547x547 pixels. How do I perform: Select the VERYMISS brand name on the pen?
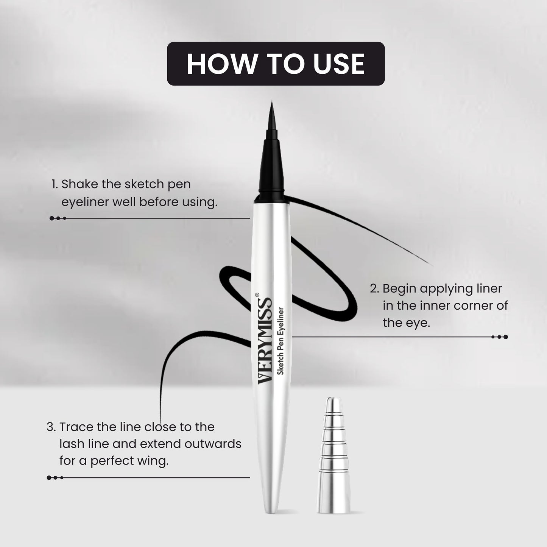[x=265, y=341]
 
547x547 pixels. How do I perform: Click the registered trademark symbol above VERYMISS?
[x=257, y=294]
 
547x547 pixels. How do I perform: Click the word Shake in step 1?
[x=80, y=184]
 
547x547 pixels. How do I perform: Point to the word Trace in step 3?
[x=76, y=427]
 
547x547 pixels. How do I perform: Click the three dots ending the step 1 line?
[x=58, y=218]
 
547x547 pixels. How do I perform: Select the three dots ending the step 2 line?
[x=500, y=337]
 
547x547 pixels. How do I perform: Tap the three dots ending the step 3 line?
[x=55, y=478]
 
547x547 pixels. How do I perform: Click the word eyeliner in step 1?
[x=85, y=202]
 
